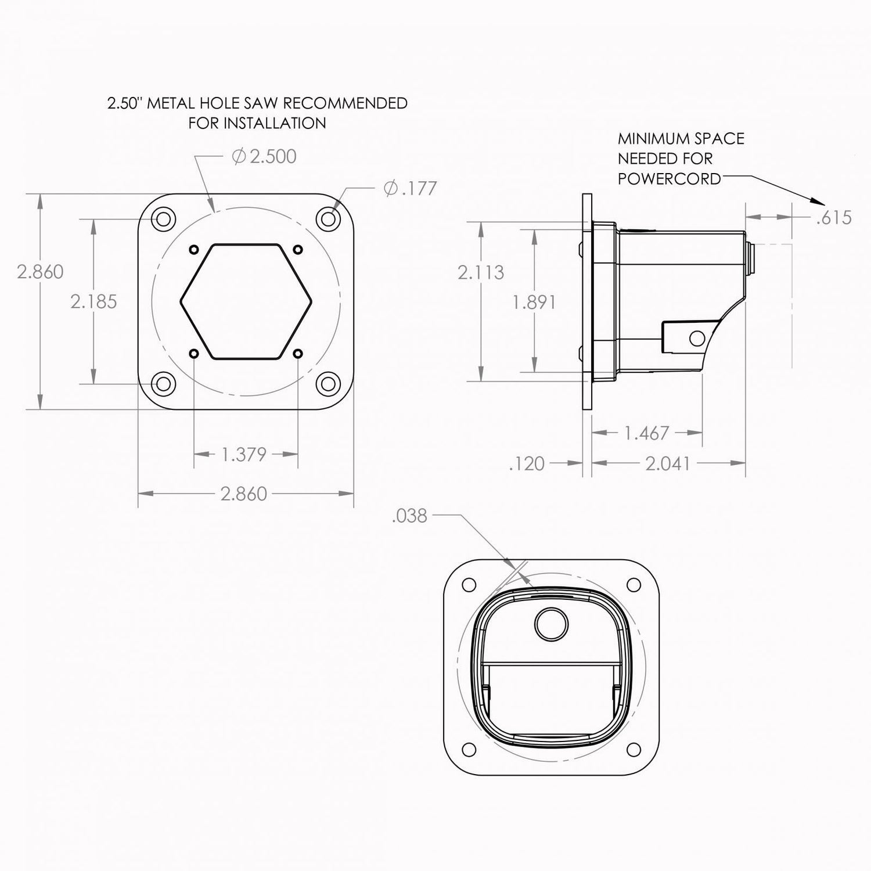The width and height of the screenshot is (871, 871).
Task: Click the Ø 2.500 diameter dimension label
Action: pyautogui.click(x=264, y=156)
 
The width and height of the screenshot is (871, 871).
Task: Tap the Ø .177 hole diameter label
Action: pyautogui.click(x=410, y=189)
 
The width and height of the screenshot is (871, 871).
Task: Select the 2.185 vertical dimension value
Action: pyautogui.click(x=93, y=301)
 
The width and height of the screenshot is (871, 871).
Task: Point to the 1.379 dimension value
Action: pyautogui.click(x=244, y=454)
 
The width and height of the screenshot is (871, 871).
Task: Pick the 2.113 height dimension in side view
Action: pyautogui.click(x=481, y=272)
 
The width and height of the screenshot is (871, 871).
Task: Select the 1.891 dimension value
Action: pyautogui.click(x=534, y=301)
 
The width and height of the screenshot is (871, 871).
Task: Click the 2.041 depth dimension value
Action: pyautogui.click(x=668, y=463)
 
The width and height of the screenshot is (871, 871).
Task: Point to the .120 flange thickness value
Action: pyautogui.click(x=527, y=463)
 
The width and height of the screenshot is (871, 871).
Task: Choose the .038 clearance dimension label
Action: pyautogui.click(x=409, y=516)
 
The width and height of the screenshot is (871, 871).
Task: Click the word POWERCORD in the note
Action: pyautogui.click(x=669, y=178)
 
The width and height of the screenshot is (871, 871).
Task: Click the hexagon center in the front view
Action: pyautogui.click(x=246, y=301)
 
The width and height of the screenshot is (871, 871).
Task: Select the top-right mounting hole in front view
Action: pyautogui.click(x=329, y=218)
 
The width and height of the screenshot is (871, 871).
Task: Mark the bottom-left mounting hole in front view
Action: pyautogui.click(x=163, y=383)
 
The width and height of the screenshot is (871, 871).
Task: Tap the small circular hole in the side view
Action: pyautogui.click(x=696, y=337)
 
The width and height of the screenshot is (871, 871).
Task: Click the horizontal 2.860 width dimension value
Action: pyautogui.click(x=244, y=494)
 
